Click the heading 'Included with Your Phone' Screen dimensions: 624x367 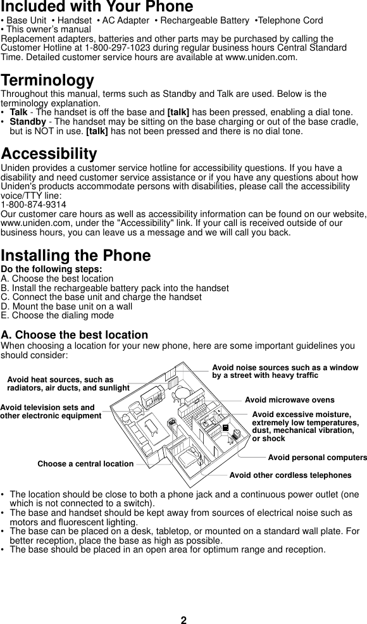click(x=97, y=7)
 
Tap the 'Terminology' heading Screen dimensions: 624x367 click(x=47, y=81)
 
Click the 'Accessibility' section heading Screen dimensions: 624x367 click(x=49, y=154)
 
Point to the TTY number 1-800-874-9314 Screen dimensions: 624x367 click(x=34, y=205)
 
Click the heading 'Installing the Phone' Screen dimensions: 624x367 click(x=76, y=256)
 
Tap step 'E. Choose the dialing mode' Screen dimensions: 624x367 click(x=58, y=315)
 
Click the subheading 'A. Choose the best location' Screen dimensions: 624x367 click(x=75, y=335)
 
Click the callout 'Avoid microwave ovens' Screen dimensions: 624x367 click(x=289, y=400)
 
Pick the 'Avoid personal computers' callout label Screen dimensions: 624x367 click(x=317, y=457)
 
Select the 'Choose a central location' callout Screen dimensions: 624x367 click(x=85, y=464)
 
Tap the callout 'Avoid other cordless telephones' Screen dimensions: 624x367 click(x=290, y=475)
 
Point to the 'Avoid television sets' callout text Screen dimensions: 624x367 click(x=50, y=411)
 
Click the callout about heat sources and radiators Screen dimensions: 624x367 click(x=68, y=384)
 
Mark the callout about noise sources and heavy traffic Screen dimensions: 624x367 click(x=285, y=371)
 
